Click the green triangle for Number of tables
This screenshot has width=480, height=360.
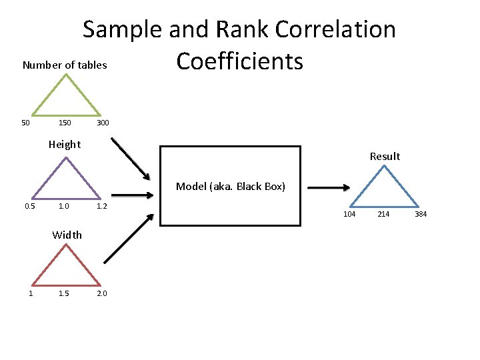click(65, 97)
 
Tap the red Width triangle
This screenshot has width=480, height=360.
click(65, 267)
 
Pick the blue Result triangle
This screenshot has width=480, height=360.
click(385, 187)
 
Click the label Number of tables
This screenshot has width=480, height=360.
click(65, 65)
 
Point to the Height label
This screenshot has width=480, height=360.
click(65, 144)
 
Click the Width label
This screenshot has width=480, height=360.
click(67, 235)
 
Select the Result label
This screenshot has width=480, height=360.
click(385, 156)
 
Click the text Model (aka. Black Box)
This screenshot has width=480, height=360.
click(231, 187)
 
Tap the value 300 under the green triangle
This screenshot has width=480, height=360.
click(103, 123)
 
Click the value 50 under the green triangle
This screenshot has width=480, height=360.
click(25, 123)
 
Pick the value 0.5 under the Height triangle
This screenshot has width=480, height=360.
click(30, 206)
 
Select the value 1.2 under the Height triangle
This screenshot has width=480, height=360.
click(102, 206)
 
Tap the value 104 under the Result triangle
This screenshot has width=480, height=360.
click(349, 214)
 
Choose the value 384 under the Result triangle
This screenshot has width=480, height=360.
click(421, 214)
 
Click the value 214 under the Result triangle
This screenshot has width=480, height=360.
click(384, 214)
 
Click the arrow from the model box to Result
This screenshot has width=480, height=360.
click(327, 189)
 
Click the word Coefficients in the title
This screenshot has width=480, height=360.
click(240, 61)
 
